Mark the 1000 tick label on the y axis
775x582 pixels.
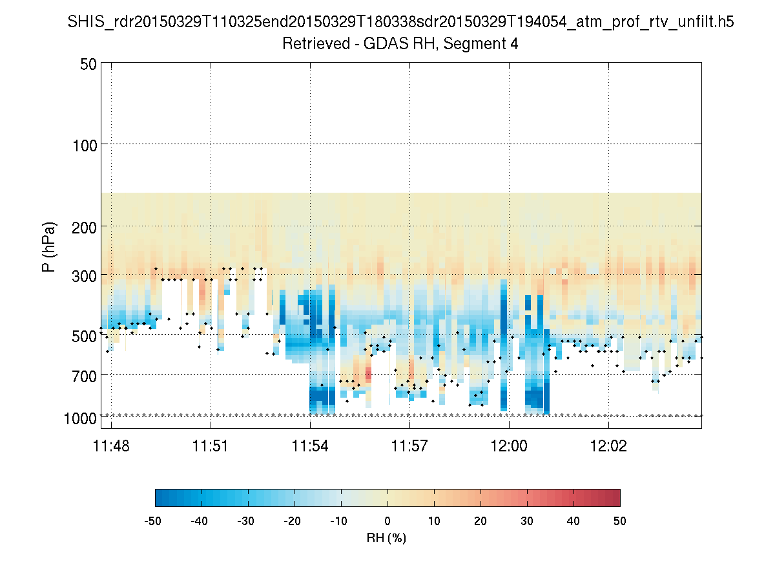[x=80, y=418]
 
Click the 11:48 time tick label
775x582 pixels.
[x=111, y=446]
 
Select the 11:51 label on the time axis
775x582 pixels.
[x=211, y=446]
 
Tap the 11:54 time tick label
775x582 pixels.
[x=310, y=446]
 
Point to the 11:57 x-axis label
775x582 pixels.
[x=409, y=446]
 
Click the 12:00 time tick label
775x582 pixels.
[x=509, y=446]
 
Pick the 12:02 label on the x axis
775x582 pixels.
[x=608, y=446]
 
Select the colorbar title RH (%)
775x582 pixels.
[x=386, y=537]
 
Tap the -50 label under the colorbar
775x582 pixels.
[x=154, y=521]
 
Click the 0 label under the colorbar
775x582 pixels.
[x=387, y=521]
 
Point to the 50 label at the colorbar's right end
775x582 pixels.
[x=620, y=521]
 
